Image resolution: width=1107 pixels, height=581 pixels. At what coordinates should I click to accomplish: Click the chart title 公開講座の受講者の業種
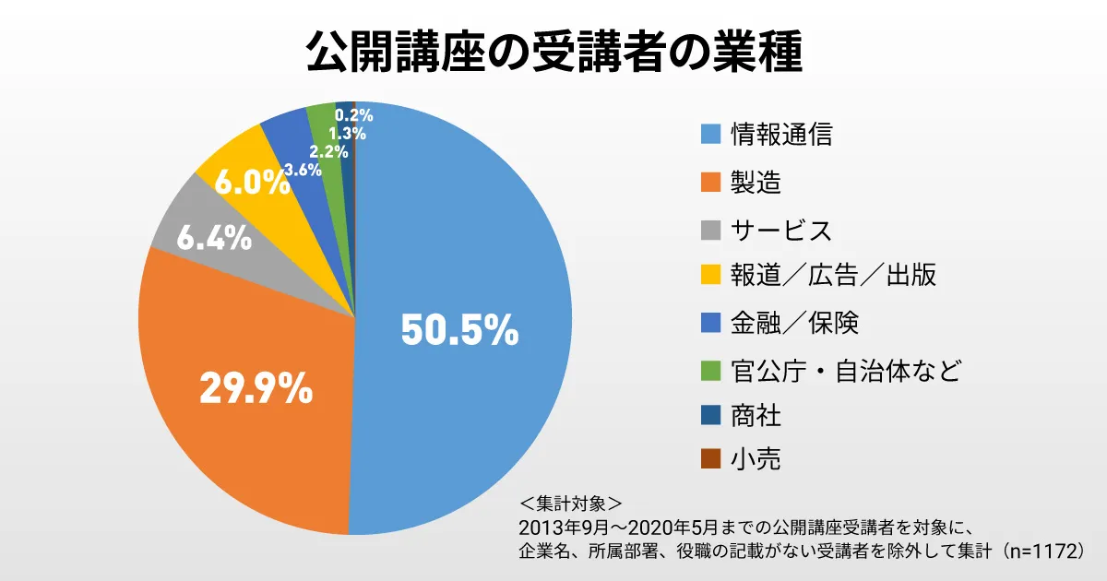pyautogui.click(x=553, y=53)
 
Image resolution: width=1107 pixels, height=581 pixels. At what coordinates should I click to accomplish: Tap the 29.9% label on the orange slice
pyautogui.click(x=256, y=388)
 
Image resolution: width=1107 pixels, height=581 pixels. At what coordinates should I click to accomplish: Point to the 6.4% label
pyautogui.click(x=214, y=239)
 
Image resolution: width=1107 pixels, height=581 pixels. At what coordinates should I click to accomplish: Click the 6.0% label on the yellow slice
pyautogui.click(x=251, y=183)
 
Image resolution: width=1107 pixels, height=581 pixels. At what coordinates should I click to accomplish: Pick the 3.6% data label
pyautogui.click(x=303, y=170)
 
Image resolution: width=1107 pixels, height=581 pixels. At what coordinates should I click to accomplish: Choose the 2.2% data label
pyautogui.click(x=328, y=150)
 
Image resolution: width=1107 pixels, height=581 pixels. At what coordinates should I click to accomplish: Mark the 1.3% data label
pyautogui.click(x=347, y=133)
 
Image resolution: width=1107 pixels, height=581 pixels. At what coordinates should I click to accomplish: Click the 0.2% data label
pyautogui.click(x=354, y=115)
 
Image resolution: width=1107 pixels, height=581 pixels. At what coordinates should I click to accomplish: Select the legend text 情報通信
pyautogui.click(x=781, y=135)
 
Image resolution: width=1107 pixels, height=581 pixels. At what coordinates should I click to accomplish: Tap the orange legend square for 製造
pyautogui.click(x=709, y=183)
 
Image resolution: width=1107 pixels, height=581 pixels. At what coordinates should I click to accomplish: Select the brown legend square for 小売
pyautogui.click(x=709, y=458)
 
